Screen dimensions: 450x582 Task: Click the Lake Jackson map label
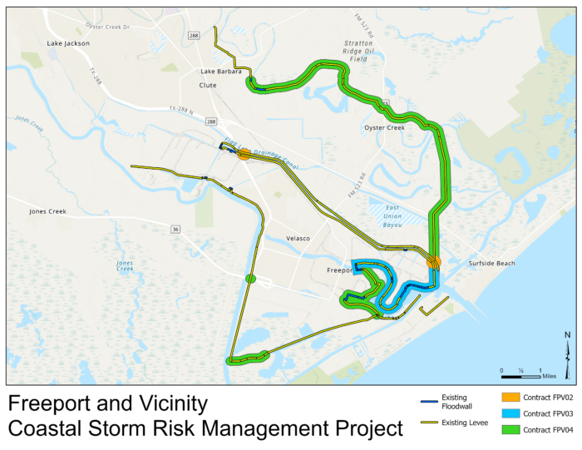[x=67, y=42]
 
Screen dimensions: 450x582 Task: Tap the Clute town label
[x=207, y=86]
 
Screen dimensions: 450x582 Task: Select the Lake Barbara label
[x=219, y=71]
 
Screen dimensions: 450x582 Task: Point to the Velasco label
[x=298, y=239]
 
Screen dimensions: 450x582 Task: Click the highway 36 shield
[x=175, y=229]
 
